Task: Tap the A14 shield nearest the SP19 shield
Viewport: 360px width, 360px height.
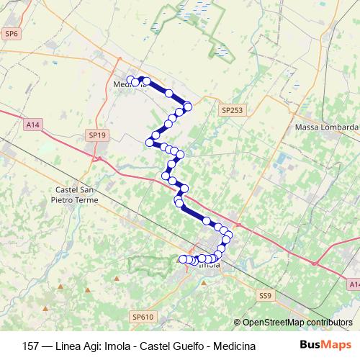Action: (x=32, y=125)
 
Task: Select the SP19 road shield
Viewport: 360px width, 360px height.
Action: (x=96, y=135)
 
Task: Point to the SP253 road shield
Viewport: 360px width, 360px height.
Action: (x=233, y=109)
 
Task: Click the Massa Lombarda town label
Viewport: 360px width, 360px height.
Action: (x=327, y=127)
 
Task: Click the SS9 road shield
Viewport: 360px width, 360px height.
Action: (x=266, y=295)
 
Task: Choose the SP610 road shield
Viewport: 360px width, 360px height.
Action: (x=143, y=316)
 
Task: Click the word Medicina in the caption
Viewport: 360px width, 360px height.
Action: (x=232, y=346)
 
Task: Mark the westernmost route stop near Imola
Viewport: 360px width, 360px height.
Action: (x=182, y=259)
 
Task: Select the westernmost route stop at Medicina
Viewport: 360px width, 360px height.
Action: (x=130, y=80)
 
